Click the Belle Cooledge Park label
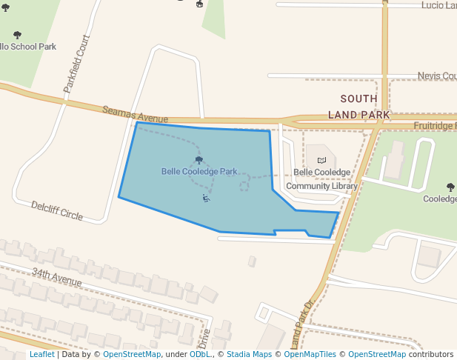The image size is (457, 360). (x=199, y=172)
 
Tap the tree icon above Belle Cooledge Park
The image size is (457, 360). (x=199, y=160)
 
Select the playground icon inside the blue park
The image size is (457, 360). (x=206, y=198)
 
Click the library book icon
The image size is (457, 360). (x=321, y=160)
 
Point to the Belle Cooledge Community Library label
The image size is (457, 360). (x=321, y=179)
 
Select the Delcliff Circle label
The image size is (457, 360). (x=57, y=210)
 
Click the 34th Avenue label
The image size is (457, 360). (x=56, y=277)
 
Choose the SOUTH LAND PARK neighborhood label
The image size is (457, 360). (x=358, y=107)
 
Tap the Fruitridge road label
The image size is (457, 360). (x=435, y=126)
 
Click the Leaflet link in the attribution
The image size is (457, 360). (x=41, y=354)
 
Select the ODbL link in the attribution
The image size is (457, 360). (x=199, y=354)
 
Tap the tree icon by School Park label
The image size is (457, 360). (x=18, y=35)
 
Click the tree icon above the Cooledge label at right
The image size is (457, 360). (x=450, y=187)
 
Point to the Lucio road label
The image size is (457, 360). (x=438, y=5)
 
